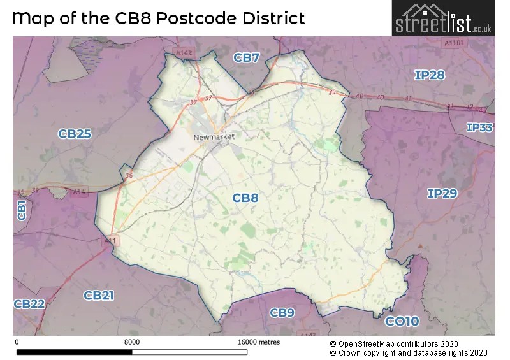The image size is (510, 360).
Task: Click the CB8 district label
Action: point(245,198)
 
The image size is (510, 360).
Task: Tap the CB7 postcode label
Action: point(246,58)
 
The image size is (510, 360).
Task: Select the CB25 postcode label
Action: point(75,134)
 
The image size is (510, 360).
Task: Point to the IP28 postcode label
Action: point(429,75)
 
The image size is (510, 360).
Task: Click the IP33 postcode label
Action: point(479,127)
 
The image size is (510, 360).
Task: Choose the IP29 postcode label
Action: point(442,193)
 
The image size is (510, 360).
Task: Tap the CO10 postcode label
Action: point(402,321)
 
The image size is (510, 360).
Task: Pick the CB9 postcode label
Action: point(282,312)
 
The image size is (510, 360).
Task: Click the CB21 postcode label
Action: point(99,295)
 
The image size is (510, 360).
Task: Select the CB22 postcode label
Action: point(29,305)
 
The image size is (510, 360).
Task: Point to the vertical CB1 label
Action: point(21,210)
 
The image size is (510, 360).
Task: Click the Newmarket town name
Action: point(215,136)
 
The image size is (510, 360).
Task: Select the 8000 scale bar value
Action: point(132,342)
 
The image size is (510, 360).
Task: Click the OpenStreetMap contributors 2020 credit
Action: point(409,343)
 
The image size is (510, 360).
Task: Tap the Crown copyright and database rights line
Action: point(409,352)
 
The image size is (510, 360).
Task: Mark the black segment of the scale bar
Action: point(74,351)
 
